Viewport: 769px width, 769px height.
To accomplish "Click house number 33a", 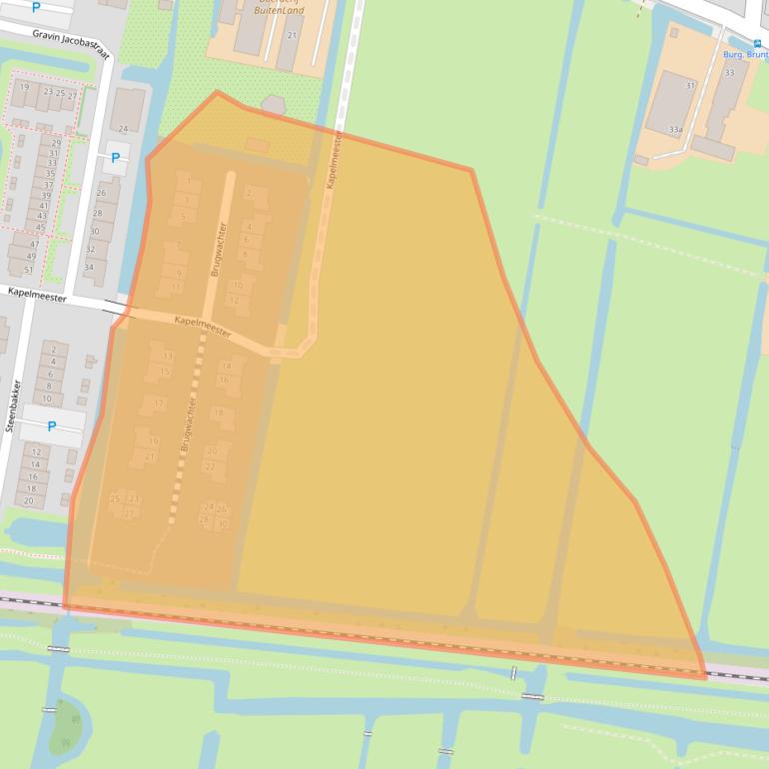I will point(676,130).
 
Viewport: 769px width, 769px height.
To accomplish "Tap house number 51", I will point(29,270).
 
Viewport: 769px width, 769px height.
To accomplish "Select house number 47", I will point(33,245).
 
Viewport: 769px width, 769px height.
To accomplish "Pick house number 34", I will point(89,268).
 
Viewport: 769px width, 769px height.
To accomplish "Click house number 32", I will point(92,249).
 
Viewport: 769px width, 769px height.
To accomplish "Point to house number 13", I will point(167,356).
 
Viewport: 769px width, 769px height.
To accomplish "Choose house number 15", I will point(165,372).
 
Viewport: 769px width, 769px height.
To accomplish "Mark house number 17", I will point(159,403).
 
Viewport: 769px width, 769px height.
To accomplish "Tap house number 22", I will point(210,466).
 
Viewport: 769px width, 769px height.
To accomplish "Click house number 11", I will point(176,288).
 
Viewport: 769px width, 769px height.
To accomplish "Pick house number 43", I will point(41,215).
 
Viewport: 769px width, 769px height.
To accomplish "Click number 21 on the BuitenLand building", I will point(292,35).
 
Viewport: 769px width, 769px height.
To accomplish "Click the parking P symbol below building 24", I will point(115,158).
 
